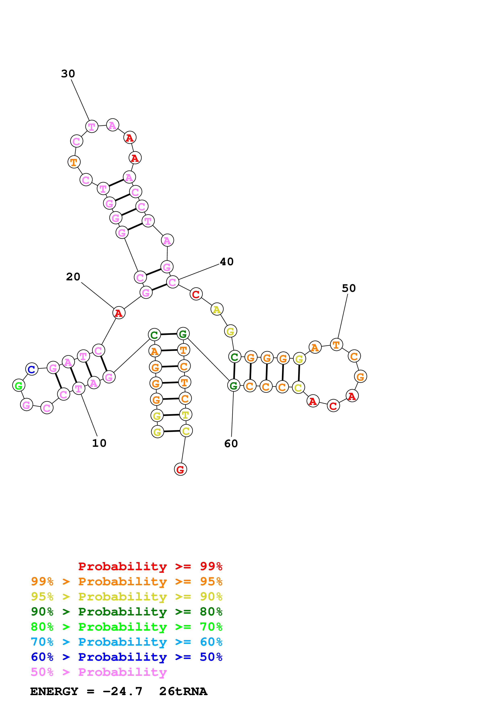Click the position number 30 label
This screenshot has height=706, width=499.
[x=68, y=74]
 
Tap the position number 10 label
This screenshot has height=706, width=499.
[x=99, y=443]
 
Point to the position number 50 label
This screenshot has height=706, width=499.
[x=349, y=288]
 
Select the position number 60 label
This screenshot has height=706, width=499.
[x=231, y=444]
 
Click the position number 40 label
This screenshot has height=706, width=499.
[x=227, y=262]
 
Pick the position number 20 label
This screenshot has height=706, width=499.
[x=73, y=277]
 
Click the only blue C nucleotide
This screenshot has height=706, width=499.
[x=32, y=369]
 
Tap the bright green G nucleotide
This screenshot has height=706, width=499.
[x=19, y=386]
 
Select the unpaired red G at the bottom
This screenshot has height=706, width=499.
[x=181, y=470]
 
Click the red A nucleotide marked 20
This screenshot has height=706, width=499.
[x=119, y=313]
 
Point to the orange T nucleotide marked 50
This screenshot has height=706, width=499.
[x=336, y=345]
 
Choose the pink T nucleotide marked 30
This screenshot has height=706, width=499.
[x=92, y=127]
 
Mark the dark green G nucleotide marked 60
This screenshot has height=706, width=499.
[x=234, y=386]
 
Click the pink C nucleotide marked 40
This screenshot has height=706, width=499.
[x=173, y=282]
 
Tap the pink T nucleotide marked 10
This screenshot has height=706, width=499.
[x=79, y=389]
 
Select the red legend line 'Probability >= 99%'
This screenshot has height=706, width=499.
[x=150, y=566]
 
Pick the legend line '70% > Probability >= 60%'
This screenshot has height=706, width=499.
[x=126, y=642]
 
